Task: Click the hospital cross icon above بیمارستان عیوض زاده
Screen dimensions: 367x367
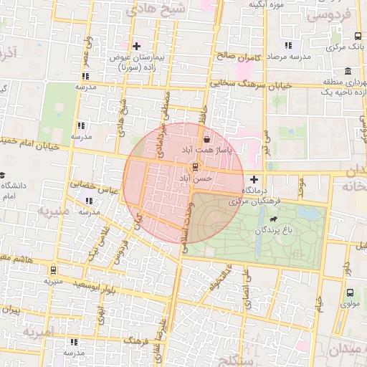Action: click(x=137, y=47)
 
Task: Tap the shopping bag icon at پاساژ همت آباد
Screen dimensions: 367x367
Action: click(x=207, y=139)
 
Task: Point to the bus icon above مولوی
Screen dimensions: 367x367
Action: click(x=350, y=292)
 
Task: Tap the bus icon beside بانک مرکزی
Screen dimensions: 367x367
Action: click(x=358, y=37)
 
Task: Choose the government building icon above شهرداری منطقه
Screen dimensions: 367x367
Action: click(x=348, y=72)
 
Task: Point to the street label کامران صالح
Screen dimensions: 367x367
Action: click(x=223, y=54)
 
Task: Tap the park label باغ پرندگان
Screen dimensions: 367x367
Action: click(x=277, y=231)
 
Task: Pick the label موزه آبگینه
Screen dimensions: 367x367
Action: click(x=267, y=5)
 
